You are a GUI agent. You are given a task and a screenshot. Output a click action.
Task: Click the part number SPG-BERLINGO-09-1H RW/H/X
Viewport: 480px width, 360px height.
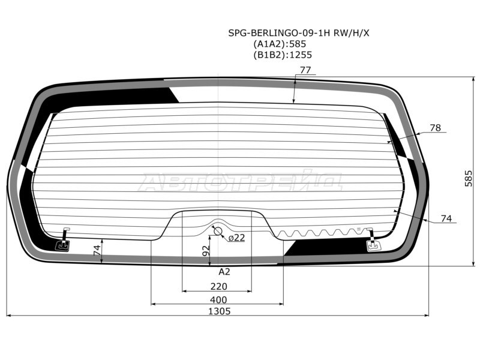click(x=299, y=33)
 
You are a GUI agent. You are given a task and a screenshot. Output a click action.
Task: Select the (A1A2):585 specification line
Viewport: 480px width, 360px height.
click(x=280, y=44)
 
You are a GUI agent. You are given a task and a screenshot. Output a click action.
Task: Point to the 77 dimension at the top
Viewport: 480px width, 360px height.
click(x=305, y=70)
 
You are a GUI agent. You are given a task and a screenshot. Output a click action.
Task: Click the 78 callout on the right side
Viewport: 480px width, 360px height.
click(x=436, y=128)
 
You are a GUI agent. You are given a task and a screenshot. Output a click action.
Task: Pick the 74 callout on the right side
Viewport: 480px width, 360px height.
click(x=446, y=219)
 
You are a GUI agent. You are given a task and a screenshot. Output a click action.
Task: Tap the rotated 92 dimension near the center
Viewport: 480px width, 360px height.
click(x=206, y=251)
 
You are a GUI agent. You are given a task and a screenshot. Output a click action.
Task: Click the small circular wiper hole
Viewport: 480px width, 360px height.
click(x=217, y=232)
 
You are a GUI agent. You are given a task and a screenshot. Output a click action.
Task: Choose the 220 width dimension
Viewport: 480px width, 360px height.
click(x=219, y=286)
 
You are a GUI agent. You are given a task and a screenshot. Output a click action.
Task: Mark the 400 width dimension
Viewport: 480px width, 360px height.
click(x=218, y=299)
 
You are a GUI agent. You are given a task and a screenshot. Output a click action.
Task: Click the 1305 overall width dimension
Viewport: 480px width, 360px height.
click(x=219, y=311)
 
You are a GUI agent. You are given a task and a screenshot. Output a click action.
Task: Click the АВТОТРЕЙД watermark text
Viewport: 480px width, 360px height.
click(x=240, y=182)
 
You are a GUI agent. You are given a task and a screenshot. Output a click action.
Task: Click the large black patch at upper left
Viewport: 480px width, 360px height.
click(x=120, y=95)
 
